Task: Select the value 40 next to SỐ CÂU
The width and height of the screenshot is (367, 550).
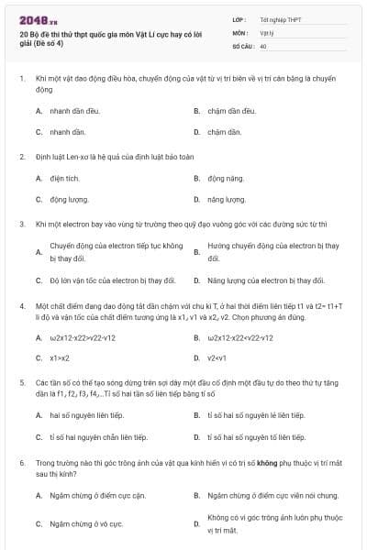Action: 263,45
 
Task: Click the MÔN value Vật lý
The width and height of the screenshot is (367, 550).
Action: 266,32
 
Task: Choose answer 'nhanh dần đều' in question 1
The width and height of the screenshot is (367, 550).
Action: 73,110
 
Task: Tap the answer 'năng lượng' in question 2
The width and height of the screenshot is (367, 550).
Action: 226,199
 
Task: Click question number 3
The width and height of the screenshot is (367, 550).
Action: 21,223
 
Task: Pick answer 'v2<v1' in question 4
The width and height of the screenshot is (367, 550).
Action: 217,357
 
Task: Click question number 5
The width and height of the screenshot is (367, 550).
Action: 21,380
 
